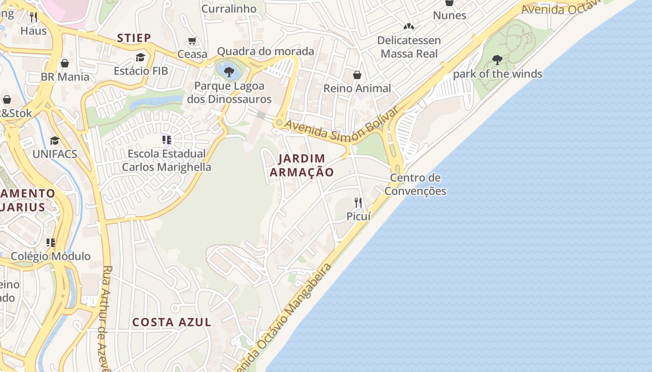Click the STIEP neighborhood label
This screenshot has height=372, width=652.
134,38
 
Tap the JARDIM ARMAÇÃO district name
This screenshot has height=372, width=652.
302,165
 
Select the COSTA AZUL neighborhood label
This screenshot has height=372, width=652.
172,322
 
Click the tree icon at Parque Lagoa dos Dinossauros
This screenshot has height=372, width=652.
229,72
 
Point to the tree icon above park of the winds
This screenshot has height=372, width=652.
497,60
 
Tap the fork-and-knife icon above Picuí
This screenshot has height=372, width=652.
358,202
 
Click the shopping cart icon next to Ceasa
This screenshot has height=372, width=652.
192,41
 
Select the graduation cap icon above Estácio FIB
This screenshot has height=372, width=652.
140,57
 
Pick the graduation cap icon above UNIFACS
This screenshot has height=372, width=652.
55,140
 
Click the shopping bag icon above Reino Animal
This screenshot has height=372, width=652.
357,75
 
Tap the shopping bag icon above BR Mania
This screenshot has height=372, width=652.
65,63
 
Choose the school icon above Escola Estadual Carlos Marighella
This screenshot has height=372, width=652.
167,139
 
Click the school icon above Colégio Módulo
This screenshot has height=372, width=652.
51,243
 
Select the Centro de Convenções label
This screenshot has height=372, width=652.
415,184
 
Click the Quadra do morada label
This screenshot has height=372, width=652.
265,51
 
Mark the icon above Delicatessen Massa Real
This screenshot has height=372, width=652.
409,27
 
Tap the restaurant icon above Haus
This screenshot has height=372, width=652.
33,17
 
